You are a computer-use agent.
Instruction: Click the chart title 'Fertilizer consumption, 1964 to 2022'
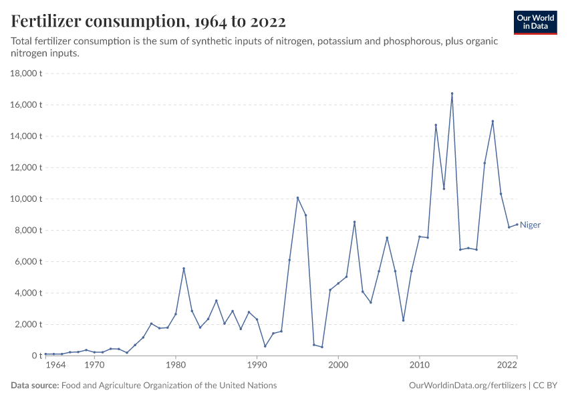coord(148,21)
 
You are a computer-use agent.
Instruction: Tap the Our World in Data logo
coord(535,22)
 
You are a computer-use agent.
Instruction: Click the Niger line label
coord(530,225)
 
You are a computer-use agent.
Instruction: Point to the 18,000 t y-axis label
coord(27,74)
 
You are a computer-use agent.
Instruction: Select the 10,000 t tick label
coord(27,199)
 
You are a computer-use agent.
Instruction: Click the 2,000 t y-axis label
coord(29,325)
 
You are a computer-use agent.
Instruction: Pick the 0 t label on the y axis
coord(36,356)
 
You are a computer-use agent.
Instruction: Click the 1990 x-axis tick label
coord(257,366)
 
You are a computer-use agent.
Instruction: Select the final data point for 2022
coord(517,224)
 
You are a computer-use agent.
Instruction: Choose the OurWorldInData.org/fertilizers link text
coord(466,386)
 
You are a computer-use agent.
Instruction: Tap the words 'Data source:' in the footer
coord(34,386)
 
